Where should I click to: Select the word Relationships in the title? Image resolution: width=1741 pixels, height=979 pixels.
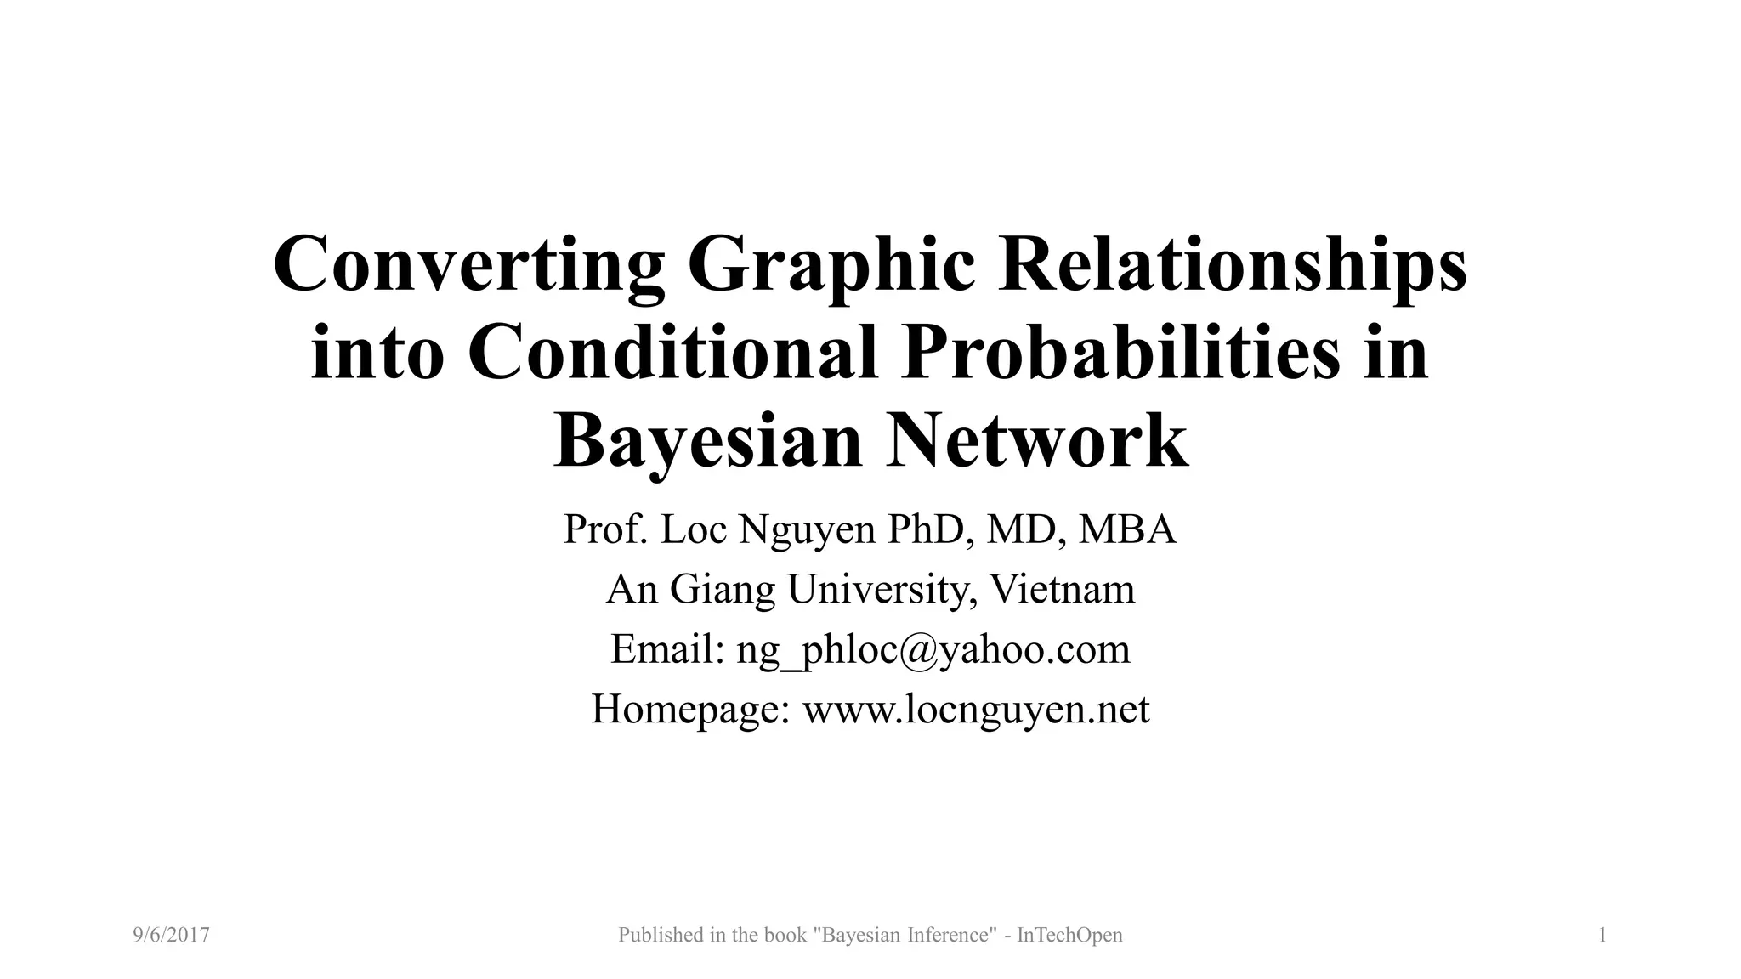(1232, 263)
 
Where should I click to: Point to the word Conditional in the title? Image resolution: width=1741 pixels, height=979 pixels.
(672, 352)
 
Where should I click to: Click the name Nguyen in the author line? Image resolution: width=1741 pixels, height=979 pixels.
(808, 530)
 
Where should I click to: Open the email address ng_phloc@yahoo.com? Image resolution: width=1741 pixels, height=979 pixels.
(933, 650)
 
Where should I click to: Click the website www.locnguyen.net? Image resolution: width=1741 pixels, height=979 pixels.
(976, 710)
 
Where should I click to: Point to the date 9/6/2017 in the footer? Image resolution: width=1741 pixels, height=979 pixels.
(172, 936)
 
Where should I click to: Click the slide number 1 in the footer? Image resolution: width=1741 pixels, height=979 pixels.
(1602, 936)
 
